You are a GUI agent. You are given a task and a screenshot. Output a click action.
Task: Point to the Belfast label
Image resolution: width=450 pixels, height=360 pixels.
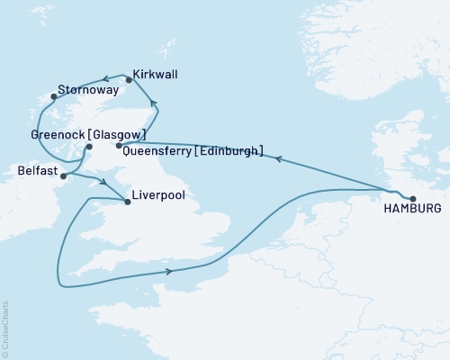(36, 168)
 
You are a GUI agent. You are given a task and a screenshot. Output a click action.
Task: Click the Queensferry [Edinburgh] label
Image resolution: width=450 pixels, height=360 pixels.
(193, 152)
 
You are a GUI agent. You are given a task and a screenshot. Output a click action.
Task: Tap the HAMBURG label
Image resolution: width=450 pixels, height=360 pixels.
(412, 209)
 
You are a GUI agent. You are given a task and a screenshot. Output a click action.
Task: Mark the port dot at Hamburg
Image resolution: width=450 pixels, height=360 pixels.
(413, 199)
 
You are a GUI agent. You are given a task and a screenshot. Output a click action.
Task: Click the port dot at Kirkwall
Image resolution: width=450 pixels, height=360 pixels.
(129, 80)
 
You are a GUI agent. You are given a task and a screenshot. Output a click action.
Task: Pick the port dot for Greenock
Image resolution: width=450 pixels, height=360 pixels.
(89, 147)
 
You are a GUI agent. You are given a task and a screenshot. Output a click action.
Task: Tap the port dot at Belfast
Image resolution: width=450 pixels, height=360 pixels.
(62, 177)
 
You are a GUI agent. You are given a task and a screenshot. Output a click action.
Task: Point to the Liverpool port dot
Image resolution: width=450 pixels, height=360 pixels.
(126, 202)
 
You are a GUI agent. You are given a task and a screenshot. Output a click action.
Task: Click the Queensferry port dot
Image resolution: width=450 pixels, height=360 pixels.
(119, 146)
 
